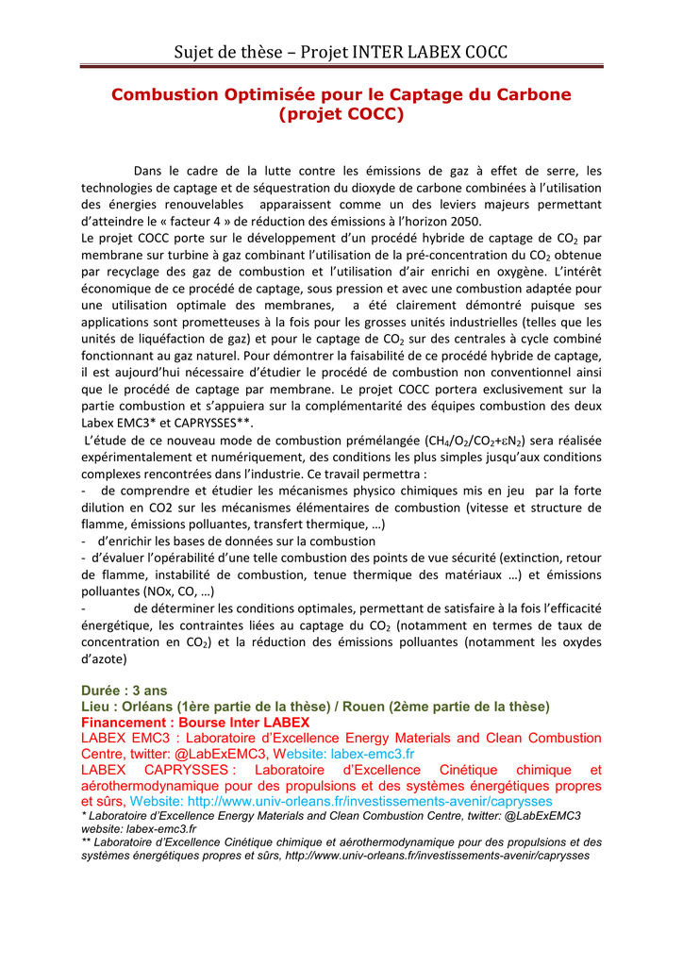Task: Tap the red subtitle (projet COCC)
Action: point(341,115)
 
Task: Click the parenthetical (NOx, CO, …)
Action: point(179,592)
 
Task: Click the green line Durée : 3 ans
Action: point(124,691)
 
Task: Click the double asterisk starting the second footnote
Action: point(87,841)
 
